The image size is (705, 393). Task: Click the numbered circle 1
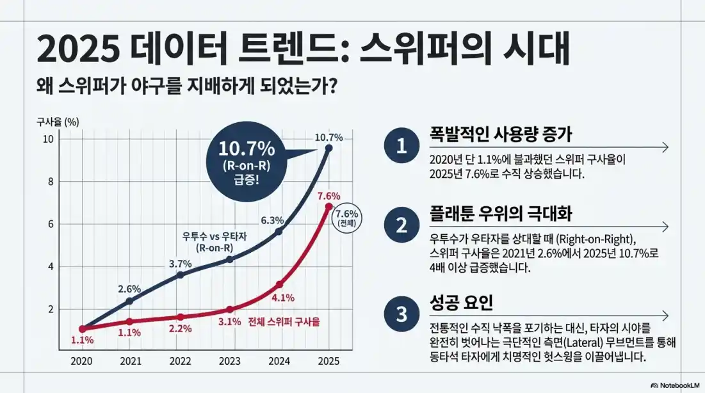(401, 147)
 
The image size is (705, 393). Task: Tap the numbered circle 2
(401, 225)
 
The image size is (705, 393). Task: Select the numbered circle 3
(401, 314)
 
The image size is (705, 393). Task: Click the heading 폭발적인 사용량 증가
(500, 135)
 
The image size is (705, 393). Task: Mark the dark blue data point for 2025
(328, 148)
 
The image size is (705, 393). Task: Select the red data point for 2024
(279, 284)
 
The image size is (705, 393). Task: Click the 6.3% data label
(272, 221)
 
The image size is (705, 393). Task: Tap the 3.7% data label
(181, 264)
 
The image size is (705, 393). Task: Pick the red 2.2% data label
(181, 328)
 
